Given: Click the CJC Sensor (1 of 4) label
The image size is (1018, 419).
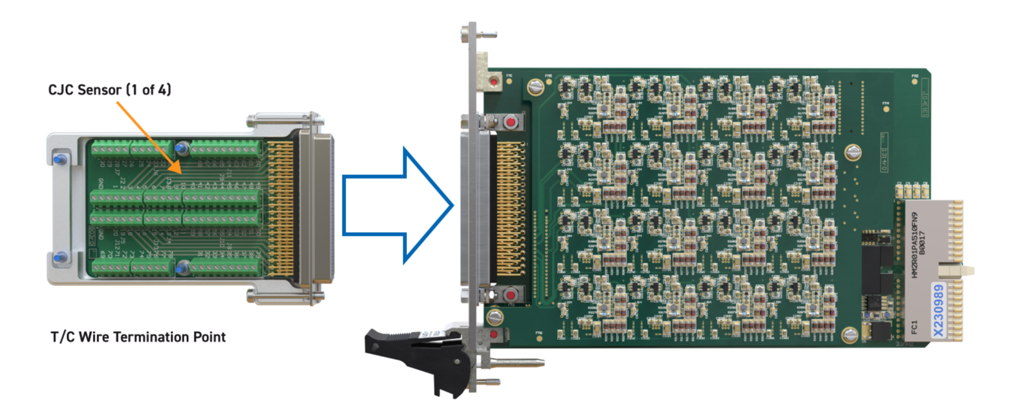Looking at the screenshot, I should (110, 90).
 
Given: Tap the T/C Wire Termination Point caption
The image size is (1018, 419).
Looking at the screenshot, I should (138, 337).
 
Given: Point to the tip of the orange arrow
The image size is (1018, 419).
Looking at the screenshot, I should (181, 172).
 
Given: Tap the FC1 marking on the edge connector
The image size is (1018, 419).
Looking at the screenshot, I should (914, 327).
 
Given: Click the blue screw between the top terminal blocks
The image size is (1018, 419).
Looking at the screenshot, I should (182, 149).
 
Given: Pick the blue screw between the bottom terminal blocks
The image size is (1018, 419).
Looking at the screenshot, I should (182, 268).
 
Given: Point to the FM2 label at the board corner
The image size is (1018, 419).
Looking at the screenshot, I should (915, 76).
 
